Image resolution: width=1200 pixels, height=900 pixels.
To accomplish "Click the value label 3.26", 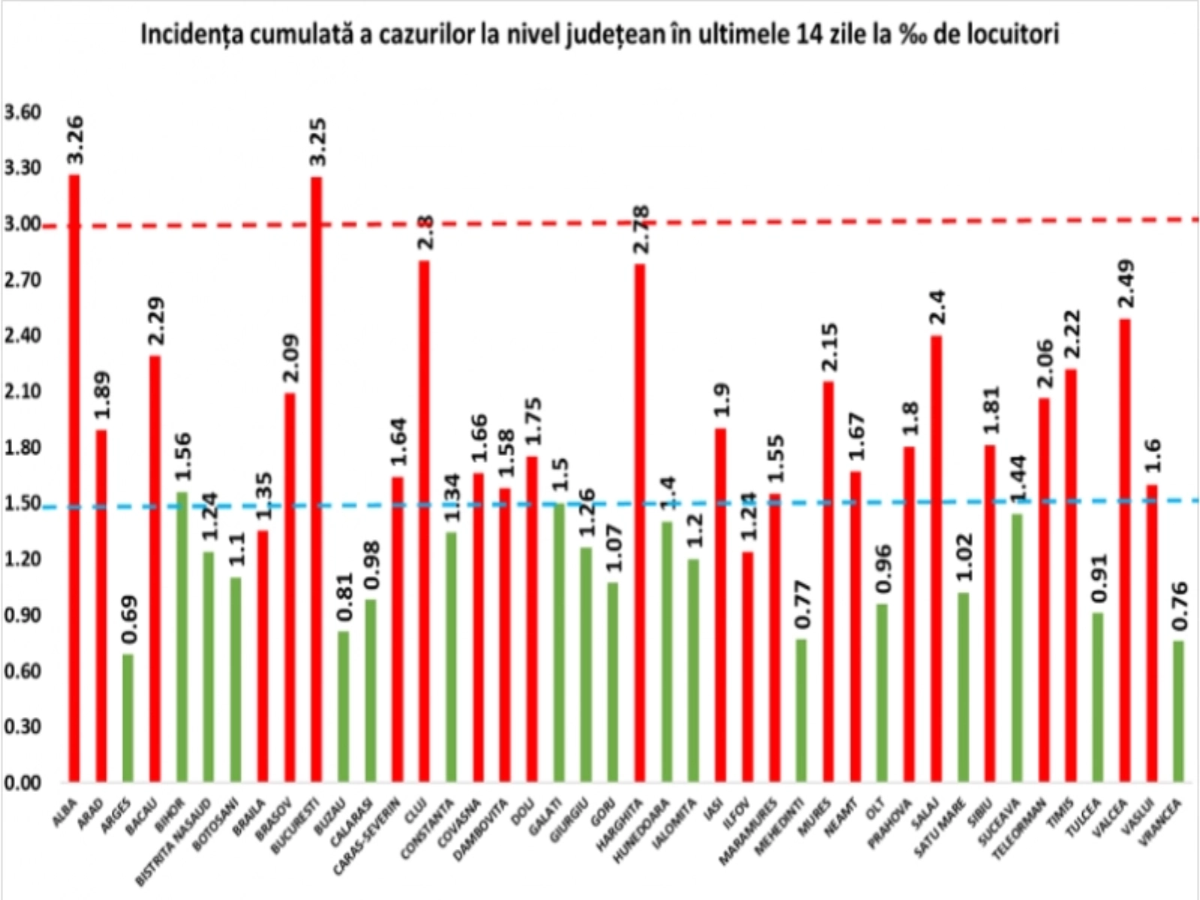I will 75,140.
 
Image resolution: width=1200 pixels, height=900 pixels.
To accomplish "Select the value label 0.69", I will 129,619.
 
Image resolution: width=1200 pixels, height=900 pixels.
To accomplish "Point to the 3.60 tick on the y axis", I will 22,112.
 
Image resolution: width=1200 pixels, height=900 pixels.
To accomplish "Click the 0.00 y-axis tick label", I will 22,782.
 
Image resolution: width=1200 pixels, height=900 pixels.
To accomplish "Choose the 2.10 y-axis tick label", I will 22,391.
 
